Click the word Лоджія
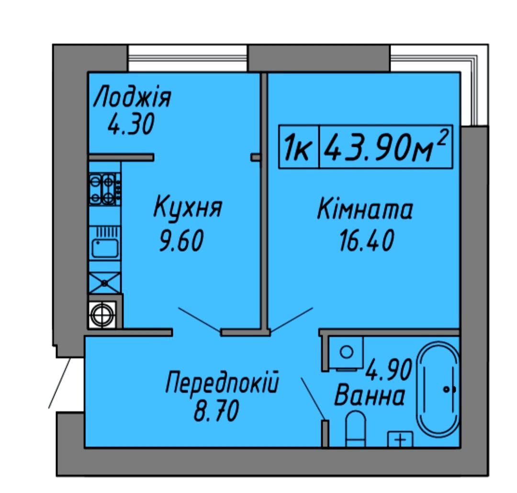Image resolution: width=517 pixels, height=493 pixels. click(132, 96)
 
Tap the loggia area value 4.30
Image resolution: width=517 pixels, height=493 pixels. click(131, 124)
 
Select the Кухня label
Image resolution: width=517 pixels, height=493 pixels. click(188, 207)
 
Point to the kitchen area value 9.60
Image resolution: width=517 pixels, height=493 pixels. click(181, 241)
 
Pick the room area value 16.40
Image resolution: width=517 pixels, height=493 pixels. click(366, 240)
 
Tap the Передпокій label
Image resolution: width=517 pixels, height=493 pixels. click(222, 382)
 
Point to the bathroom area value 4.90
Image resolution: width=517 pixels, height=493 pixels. click(389, 370)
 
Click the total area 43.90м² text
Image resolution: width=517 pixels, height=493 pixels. click(386, 147)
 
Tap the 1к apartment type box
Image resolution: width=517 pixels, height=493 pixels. click(299, 147)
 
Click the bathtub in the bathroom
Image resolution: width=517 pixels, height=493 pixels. click(438, 390)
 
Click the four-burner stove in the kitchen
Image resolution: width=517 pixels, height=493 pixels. click(104, 189)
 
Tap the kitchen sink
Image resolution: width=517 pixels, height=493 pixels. click(105, 243)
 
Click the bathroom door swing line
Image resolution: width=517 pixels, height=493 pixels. click(313, 399)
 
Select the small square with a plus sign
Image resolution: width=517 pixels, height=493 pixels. click(400, 439)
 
